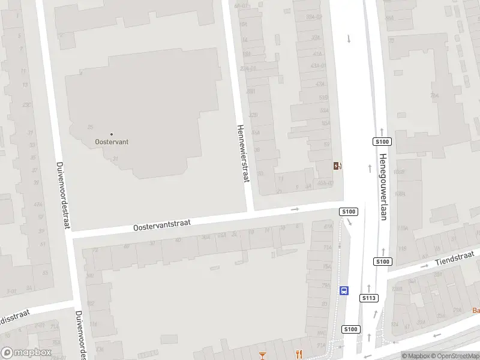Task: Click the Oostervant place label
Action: (x=112, y=142)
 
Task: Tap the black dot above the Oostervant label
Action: (x=112, y=134)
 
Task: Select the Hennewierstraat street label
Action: (x=244, y=153)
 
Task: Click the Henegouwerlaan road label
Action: (x=382, y=187)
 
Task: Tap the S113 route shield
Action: (x=368, y=298)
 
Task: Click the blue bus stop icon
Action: (x=344, y=290)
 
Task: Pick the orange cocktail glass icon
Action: (x=262, y=356)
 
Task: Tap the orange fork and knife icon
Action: (x=298, y=354)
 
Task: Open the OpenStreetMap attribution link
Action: (x=454, y=356)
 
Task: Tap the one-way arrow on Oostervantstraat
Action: (x=295, y=209)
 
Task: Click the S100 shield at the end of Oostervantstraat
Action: (x=348, y=212)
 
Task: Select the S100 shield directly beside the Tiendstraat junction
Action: (x=382, y=262)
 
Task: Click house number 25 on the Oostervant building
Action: (x=91, y=127)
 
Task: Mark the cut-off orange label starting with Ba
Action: (x=476, y=310)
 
